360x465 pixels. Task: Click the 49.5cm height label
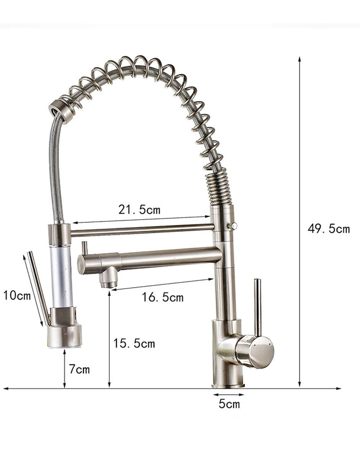coord(329,229)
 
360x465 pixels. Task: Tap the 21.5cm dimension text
coord(139,210)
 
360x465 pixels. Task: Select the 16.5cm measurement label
coord(162,297)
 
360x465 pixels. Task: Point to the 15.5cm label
coord(134,343)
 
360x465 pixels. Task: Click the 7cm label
coord(79,369)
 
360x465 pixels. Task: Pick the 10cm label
coord(17,295)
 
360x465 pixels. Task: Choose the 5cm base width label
coord(229,404)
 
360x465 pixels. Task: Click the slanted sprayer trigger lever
coord(39,287)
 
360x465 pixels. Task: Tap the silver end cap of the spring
coord(59,110)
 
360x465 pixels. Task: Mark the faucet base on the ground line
coord(228,384)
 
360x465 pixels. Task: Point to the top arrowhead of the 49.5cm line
coord(299,59)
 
